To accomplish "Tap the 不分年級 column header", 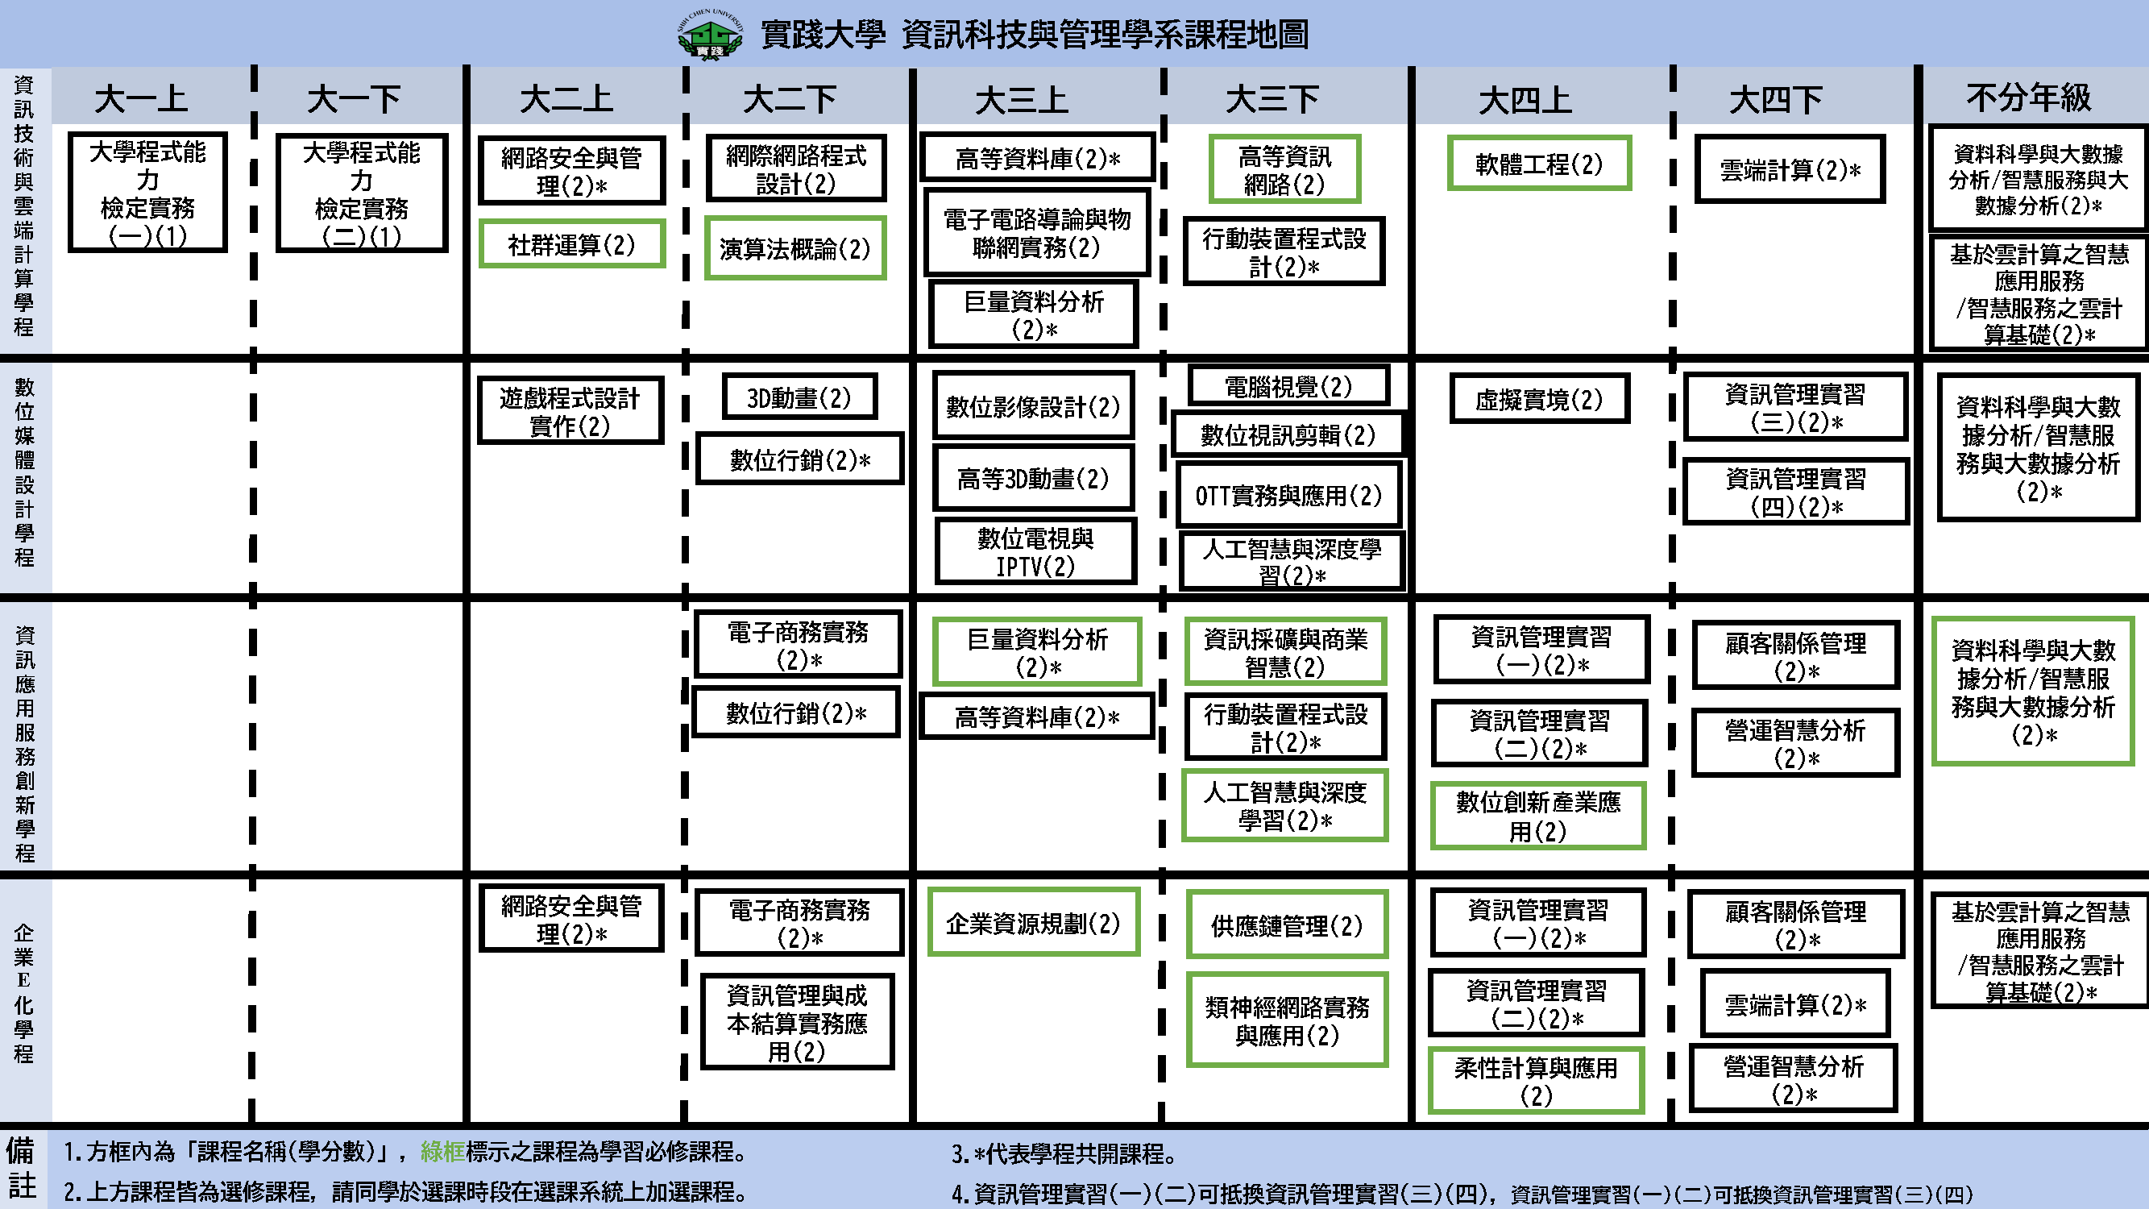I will coord(2029,98).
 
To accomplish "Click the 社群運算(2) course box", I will coord(571,244).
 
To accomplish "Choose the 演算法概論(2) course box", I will coord(795,248).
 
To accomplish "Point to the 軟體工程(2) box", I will coord(1539,164).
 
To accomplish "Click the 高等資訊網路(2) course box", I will coord(1284,169).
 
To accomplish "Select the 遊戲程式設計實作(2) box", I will coord(570,411).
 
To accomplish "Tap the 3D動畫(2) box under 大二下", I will coord(799,398).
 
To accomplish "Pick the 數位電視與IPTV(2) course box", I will coord(1035,551).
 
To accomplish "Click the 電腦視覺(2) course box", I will coord(1288,386).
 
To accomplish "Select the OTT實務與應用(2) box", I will coord(1289,496).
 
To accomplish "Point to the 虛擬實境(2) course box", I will coord(1539,400).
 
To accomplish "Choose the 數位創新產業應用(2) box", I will coord(1538,816).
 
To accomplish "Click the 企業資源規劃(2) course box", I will coord(1033,924).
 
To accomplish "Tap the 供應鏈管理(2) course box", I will coord(1286,925).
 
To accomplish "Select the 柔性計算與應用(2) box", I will coord(1536,1081).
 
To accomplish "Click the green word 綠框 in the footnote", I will coord(442,1153).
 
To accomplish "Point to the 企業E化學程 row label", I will coord(24,993).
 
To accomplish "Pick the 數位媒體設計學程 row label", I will coord(24,472).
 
